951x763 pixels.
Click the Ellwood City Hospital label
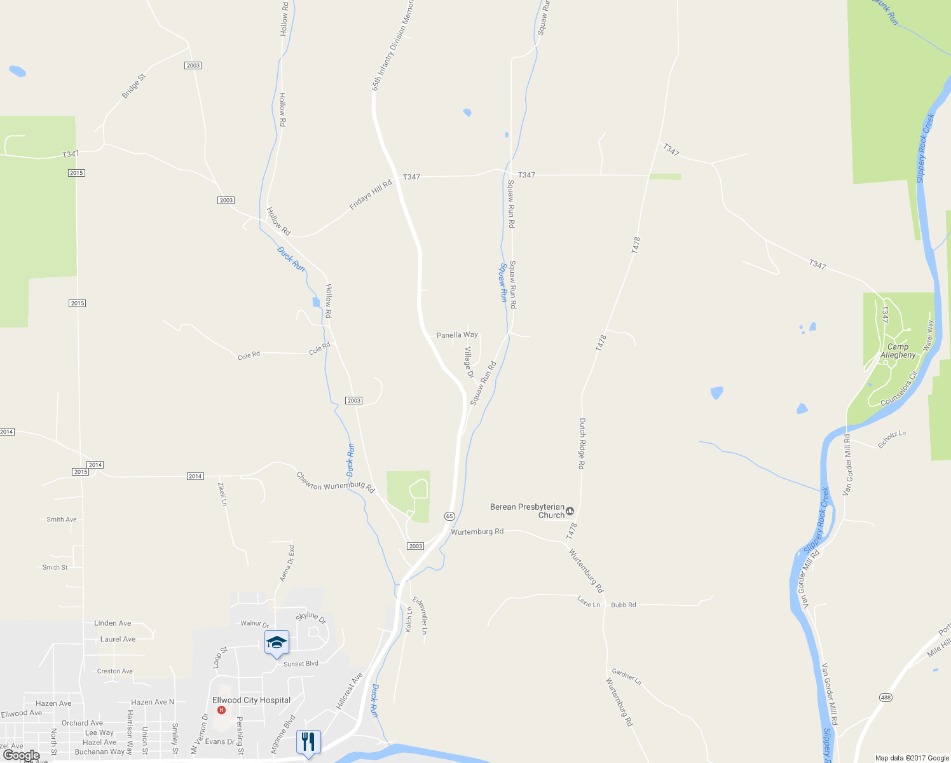tap(251, 700)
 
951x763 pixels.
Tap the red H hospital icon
tap(221, 710)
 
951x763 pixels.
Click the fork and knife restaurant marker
tap(308, 741)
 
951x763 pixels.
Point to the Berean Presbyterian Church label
tap(527, 511)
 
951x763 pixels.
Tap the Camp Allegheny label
tap(898, 351)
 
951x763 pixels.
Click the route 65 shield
tap(449, 516)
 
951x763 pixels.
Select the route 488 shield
tap(886, 698)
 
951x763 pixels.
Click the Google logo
tap(21, 755)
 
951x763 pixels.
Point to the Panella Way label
tap(457, 334)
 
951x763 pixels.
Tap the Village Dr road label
tap(469, 362)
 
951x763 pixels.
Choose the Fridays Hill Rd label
tap(371, 195)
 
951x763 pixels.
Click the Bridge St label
tap(133, 86)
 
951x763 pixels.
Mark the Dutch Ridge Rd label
tap(582, 444)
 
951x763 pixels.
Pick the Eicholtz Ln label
tap(892, 439)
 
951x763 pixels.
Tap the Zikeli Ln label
tap(222, 494)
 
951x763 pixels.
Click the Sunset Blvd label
tap(301, 664)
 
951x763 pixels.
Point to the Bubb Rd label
tap(623, 605)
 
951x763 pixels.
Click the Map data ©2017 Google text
tap(912, 758)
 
